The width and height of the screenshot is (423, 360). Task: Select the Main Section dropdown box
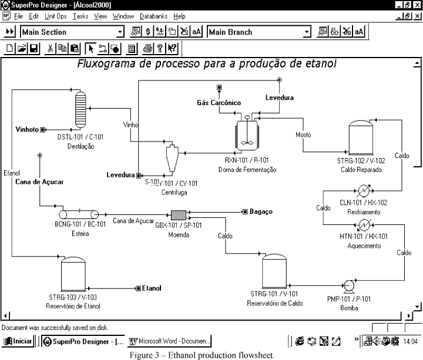(x=72, y=32)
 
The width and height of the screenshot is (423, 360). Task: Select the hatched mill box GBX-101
(x=178, y=214)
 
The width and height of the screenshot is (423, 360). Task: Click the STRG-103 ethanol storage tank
(x=74, y=274)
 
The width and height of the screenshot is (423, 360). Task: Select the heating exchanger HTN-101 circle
(x=364, y=224)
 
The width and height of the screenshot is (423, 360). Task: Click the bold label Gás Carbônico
(x=219, y=103)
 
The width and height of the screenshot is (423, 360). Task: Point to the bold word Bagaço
(x=261, y=211)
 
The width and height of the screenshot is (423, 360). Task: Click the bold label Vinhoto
(x=26, y=129)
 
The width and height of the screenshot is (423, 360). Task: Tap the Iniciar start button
(x=18, y=341)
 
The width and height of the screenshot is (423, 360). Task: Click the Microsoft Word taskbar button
(x=170, y=341)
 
